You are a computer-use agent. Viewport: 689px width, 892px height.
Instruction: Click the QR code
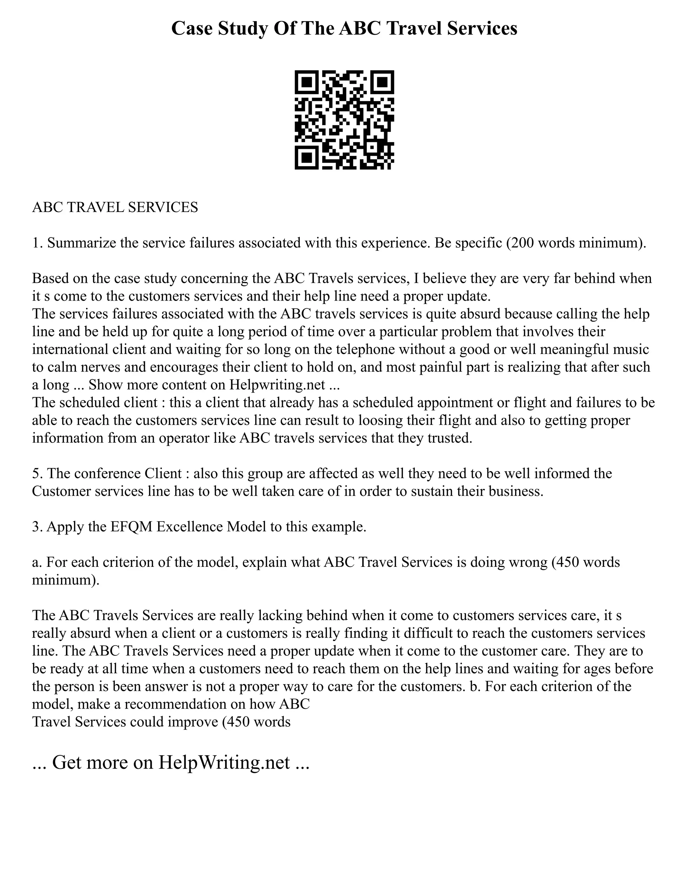(x=344, y=120)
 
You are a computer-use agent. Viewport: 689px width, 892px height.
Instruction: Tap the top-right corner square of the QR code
(x=383, y=82)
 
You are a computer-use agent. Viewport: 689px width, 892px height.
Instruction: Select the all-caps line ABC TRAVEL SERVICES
(x=115, y=207)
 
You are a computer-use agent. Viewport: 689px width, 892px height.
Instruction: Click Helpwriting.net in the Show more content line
(x=277, y=385)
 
